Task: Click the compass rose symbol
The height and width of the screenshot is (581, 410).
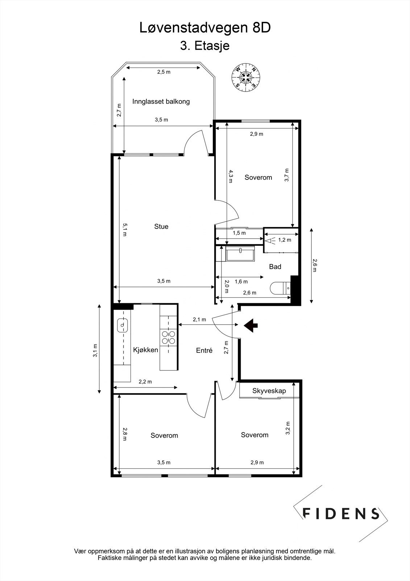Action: (x=246, y=77)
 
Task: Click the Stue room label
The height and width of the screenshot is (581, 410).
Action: (x=161, y=227)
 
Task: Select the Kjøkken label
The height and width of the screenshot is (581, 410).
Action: (x=146, y=350)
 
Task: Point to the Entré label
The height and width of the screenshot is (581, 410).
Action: (x=204, y=350)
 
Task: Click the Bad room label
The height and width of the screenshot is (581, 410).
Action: (x=275, y=267)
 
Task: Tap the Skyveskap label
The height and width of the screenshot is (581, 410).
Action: (x=269, y=391)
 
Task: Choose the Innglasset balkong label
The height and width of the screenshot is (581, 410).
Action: (x=161, y=101)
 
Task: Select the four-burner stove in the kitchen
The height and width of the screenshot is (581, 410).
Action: (x=168, y=337)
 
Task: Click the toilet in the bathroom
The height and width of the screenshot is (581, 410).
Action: (x=280, y=288)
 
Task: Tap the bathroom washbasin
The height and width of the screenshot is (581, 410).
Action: (x=240, y=253)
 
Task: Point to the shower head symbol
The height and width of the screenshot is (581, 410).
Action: (x=270, y=241)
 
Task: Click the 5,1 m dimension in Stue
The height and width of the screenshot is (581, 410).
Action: (x=125, y=230)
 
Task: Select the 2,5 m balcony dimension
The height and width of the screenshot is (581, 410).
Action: (x=164, y=72)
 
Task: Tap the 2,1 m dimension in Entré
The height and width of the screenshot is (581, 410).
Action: (x=199, y=320)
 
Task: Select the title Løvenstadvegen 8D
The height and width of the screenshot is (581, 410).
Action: (x=205, y=28)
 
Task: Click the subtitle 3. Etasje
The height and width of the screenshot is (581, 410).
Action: (x=205, y=46)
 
